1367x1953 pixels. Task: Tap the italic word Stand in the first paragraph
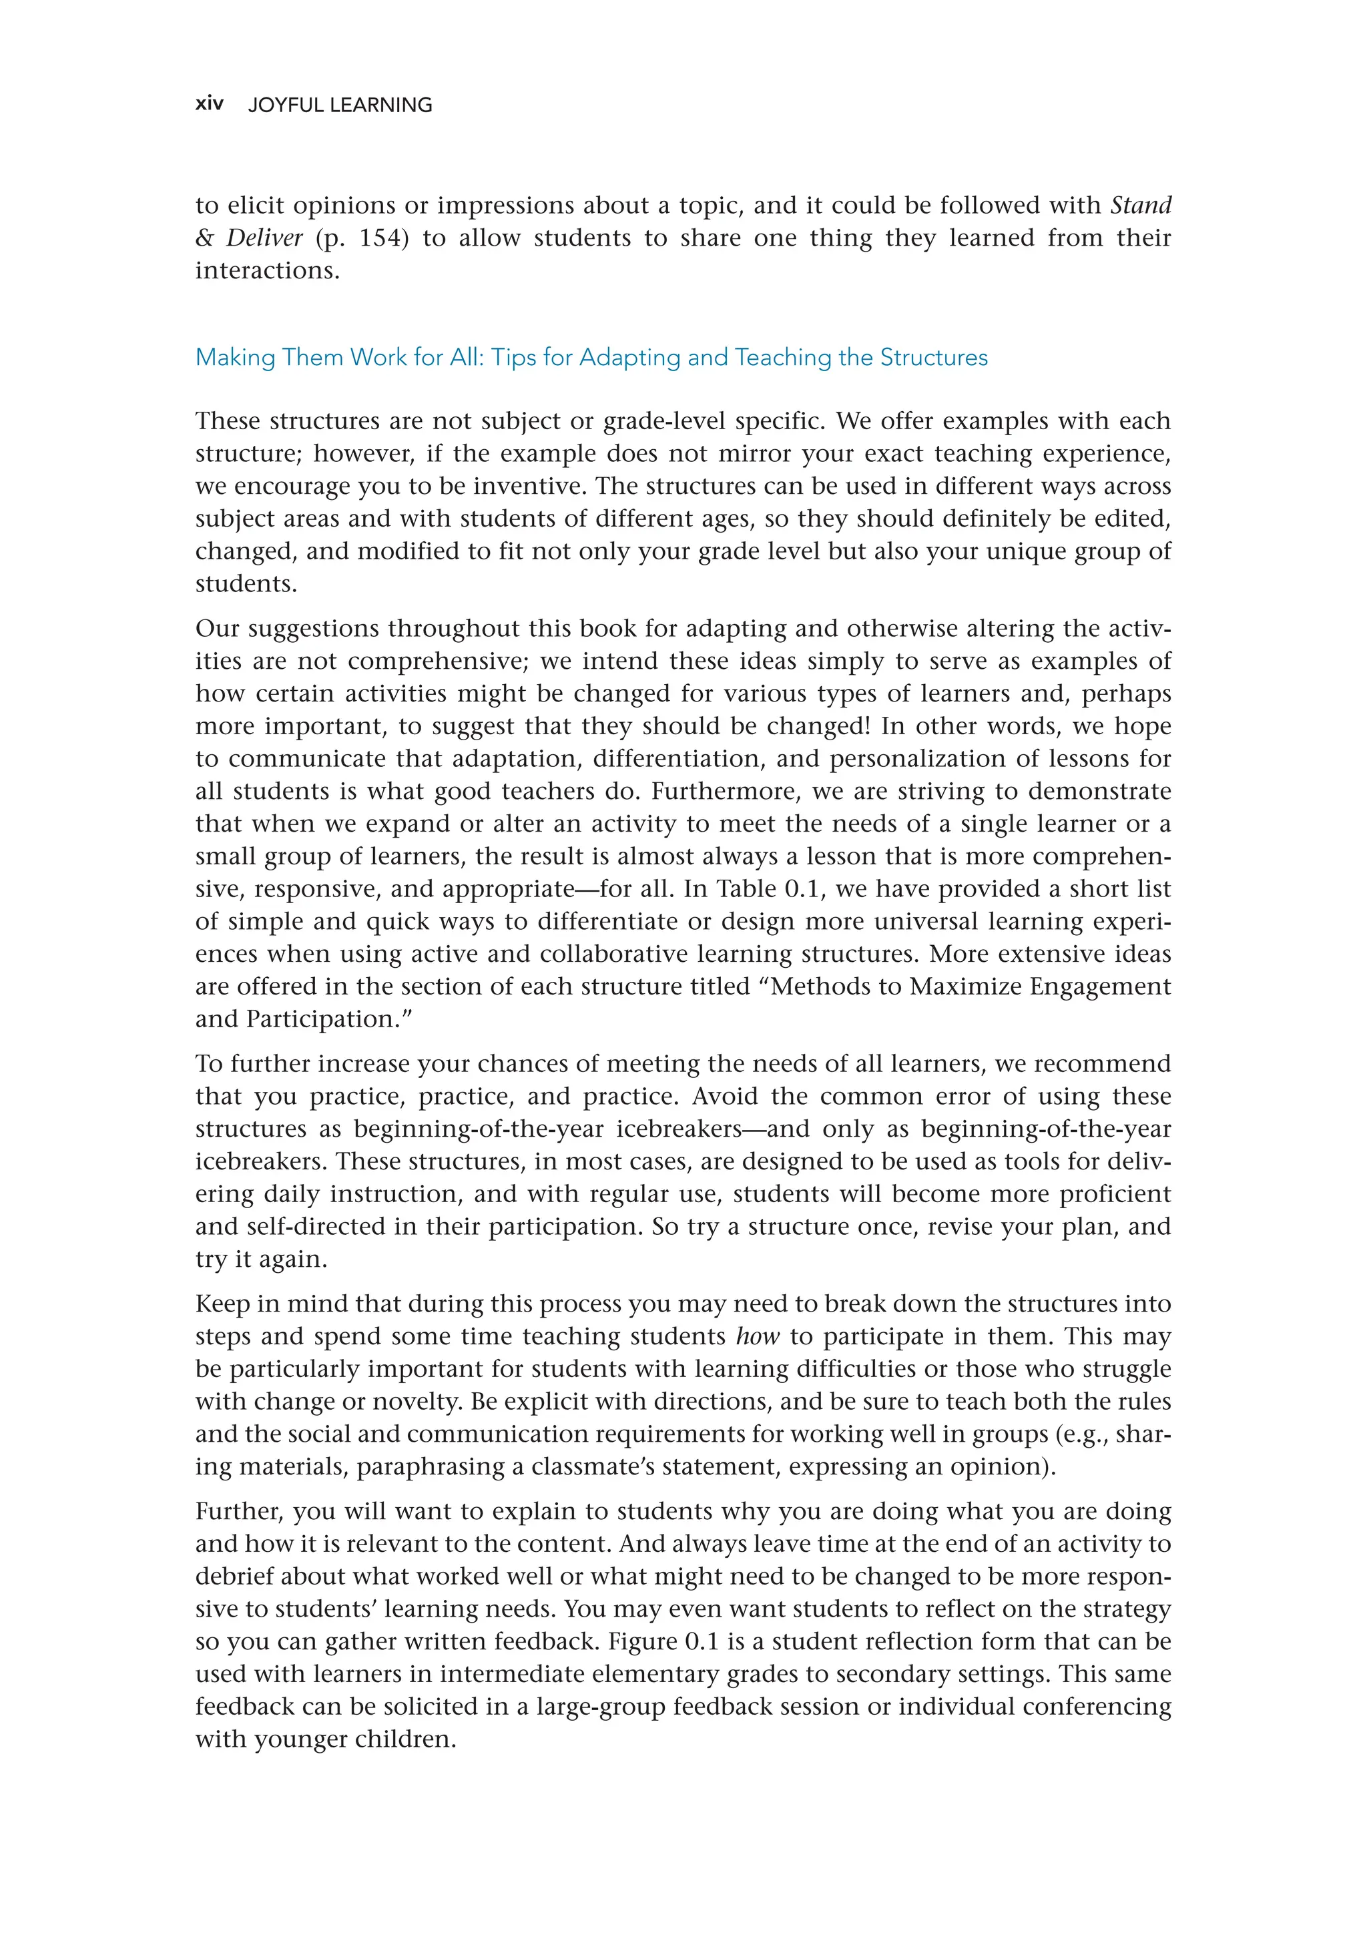click(1141, 205)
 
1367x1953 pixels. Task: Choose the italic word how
click(757, 1336)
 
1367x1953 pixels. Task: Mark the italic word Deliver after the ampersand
click(264, 238)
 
